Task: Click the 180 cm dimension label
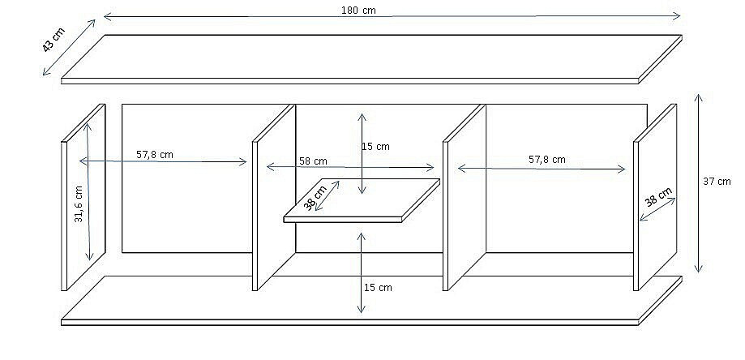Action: click(358, 10)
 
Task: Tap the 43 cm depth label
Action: click(54, 41)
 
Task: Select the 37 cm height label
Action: click(717, 181)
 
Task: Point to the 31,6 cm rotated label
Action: click(79, 204)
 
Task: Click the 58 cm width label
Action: click(313, 161)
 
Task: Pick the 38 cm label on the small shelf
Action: click(315, 198)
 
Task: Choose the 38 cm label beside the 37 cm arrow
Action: click(658, 197)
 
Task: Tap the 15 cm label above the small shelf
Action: click(375, 147)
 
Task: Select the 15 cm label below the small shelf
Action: click(378, 287)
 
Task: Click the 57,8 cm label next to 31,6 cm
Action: click(155, 154)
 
